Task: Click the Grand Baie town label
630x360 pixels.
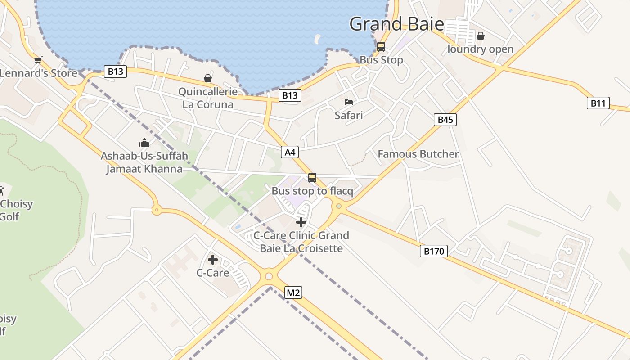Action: (x=396, y=24)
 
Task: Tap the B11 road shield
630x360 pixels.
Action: (x=598, y=103)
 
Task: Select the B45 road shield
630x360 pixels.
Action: (x=445, y=119)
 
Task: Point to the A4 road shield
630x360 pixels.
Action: (x=290, y=152)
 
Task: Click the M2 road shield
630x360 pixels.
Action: (x=293, y=293)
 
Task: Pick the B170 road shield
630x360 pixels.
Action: (x=434, y=251)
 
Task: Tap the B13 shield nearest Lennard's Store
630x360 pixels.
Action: (x=115, y=71)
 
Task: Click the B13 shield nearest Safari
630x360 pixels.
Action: (x=290, y=95)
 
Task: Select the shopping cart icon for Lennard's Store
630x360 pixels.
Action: (x=38, y=60)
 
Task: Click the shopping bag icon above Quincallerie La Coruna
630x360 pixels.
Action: (x=208, y=79)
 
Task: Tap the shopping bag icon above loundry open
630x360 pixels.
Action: (x=481, y=36)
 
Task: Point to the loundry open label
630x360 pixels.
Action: (x=480, y=49)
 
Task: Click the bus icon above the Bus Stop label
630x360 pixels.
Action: (x=381, y=46)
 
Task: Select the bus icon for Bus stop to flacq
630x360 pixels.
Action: (x=312, y=178)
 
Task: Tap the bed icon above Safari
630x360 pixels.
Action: (x=349, y=102)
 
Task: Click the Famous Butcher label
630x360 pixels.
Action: (x=418, y=154)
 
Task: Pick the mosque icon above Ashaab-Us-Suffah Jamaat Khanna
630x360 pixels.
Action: (x=144, y=143)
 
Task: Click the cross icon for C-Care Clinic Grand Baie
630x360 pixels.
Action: (x=301, y=222)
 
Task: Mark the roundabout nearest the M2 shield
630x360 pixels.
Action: (x=269, y=276)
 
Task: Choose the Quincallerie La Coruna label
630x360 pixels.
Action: (x=208, y=98)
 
